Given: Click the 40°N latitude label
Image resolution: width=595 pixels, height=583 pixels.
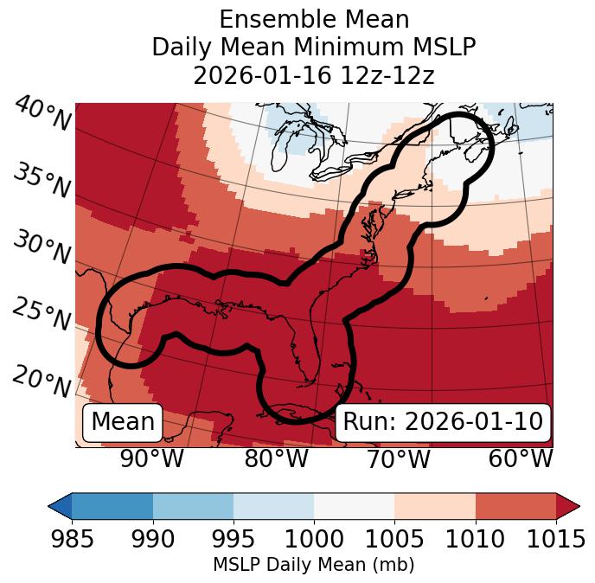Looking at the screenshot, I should [x=42, y=116].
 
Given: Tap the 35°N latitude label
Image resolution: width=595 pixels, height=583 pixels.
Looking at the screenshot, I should [x=42, y=181].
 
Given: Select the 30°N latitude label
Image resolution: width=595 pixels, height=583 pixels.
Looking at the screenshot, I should [x=42, y=248].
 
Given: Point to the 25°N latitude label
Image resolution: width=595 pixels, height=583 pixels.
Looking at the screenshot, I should [x=42, y=315].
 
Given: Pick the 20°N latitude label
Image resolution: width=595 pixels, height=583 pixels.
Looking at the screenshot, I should [x=42, y=381].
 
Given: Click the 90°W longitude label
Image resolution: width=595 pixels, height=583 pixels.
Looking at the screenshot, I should [x=151, y=458].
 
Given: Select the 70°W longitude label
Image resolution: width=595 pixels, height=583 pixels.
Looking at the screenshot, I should [x=400, y=458].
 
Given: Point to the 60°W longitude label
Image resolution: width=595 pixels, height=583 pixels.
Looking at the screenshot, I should [x=521, y=458].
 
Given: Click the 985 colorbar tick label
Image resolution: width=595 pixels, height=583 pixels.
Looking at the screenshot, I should [x=72, y=540].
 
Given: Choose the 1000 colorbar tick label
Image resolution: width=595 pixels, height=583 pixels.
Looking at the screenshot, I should [x=313, y=540].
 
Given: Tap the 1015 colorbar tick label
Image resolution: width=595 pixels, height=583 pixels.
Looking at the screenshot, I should [x=555, y=540].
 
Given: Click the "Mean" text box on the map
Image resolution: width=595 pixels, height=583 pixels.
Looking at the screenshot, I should [x=122, y=422].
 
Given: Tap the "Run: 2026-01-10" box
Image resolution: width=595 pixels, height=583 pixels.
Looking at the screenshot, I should [x=443, y=422].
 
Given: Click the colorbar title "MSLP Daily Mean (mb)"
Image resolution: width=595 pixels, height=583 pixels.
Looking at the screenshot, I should [x=313, y=566].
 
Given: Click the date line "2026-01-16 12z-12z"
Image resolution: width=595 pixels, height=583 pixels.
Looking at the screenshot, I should [x=314, y=75].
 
